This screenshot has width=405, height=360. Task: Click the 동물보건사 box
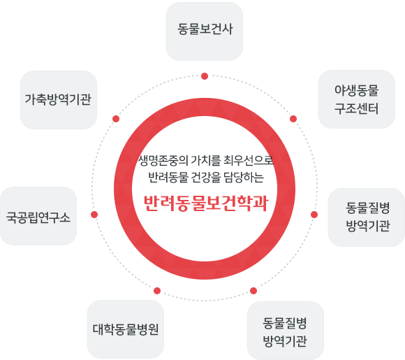click(205, 31)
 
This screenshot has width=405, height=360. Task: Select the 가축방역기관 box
click(59, 100)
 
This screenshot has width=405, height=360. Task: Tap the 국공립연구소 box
click(38, 216)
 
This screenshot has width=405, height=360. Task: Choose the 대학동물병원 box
click(126, 329)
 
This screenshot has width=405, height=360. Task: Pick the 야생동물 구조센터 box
click(356, 99)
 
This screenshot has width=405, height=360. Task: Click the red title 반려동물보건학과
click(206, 203)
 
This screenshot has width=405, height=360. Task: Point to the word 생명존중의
click(163, 161)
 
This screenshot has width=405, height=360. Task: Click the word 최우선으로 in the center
click(248, 160)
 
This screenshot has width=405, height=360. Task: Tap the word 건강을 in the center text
click(206, 178)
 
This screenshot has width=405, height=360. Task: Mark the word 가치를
click(206, 160)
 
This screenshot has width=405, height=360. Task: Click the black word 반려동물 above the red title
click(168, 178)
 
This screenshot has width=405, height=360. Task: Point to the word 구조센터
click(356, 108)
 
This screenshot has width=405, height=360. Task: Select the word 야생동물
click(356, 90)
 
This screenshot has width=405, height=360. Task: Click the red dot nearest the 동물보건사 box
click(205, 76)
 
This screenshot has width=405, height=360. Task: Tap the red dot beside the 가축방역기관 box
click(116, 119)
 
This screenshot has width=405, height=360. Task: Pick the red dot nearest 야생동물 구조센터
click(293, 119)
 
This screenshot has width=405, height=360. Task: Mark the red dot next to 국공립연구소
click(94, 215)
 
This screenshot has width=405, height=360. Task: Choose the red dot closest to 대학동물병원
click(157, 291)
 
